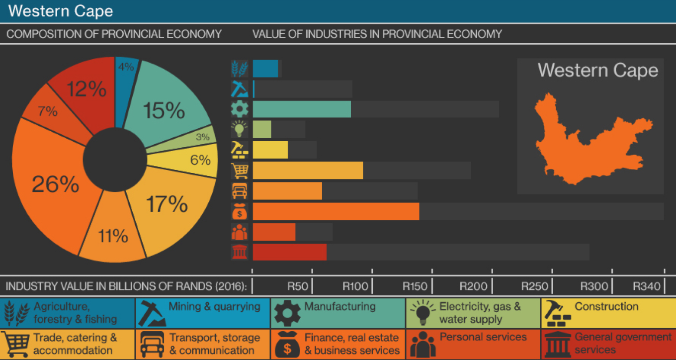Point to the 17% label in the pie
[167, 204]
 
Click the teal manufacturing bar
[302, 109]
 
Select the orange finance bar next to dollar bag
[336, 211]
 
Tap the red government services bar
[289, 252]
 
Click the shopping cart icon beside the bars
[240, 171]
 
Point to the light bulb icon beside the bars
[240, 129]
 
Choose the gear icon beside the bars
[240, 109]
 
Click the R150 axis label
[415, 286]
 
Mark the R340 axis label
[647, 286]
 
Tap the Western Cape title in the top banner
[61, 11]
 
